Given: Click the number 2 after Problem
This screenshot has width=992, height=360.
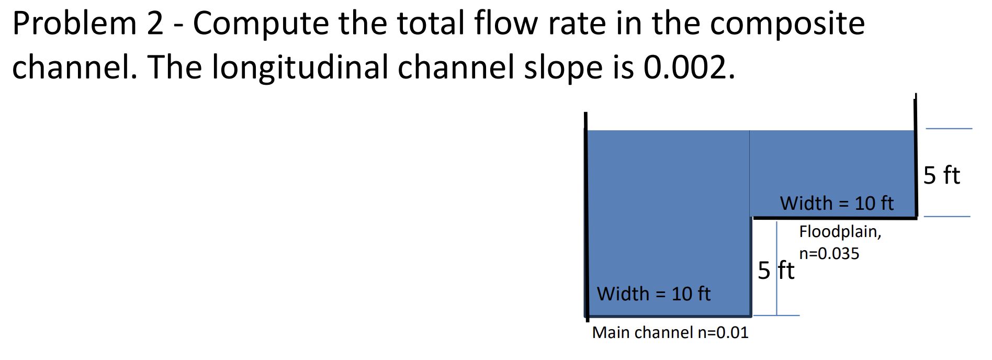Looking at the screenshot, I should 155,24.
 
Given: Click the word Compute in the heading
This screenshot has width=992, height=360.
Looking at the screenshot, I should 261,24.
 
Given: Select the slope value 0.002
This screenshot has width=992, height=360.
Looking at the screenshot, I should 689,67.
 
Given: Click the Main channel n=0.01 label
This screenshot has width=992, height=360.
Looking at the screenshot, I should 670,332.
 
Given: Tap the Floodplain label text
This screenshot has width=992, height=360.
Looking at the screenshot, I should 840,231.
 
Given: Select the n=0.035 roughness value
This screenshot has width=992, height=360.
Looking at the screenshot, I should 829,253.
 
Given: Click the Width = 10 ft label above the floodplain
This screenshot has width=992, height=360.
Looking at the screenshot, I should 837,203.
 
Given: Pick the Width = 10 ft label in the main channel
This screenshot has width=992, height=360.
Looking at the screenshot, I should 653,294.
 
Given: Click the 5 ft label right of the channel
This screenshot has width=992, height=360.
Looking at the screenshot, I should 941,175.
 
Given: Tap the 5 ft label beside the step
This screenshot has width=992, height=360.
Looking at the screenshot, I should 775,271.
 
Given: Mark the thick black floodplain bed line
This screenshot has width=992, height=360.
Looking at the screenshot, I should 834,218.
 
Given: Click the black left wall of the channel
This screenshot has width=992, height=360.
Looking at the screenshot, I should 587,220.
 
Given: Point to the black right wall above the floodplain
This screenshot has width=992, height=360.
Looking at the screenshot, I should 916,157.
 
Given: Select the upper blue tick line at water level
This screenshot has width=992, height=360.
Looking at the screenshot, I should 949,128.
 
